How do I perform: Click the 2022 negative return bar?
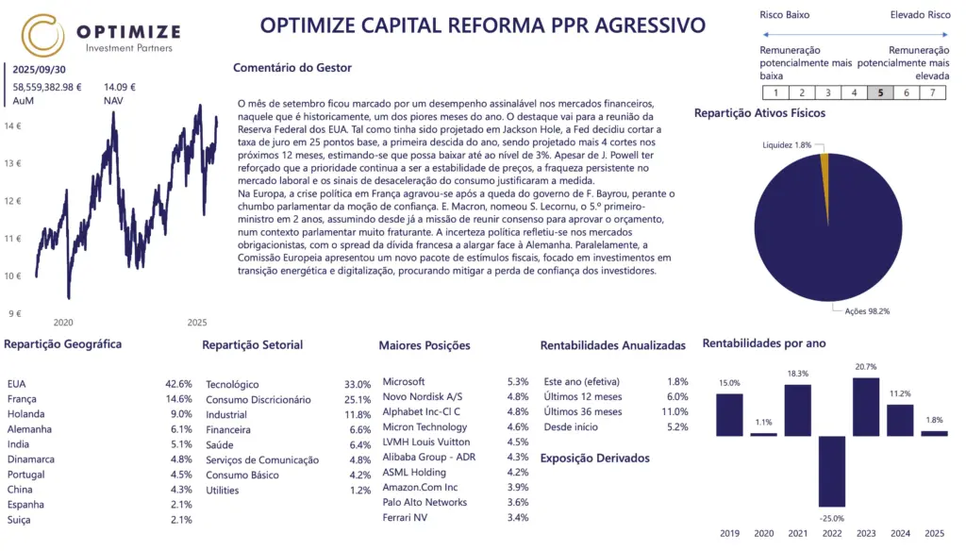coord(832,472)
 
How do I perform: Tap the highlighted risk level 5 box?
coord(879,92)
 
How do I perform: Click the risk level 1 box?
coord(774,92)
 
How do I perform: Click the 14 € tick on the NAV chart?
coord(12,125)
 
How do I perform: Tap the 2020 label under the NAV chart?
coord(63,323)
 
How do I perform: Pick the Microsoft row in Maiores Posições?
coord(404,382)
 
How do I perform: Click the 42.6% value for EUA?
coord(178,384)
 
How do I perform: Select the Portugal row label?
coord(25,475)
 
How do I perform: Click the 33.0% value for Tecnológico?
coord(358,384)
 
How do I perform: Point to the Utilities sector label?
coord(222,490)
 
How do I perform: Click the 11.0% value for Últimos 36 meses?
coord(649,412)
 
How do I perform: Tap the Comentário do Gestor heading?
coord(291,68)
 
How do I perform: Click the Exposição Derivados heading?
coord(594,459)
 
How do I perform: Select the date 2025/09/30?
coord(40,70)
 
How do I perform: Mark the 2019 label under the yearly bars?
coord(730,533)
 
